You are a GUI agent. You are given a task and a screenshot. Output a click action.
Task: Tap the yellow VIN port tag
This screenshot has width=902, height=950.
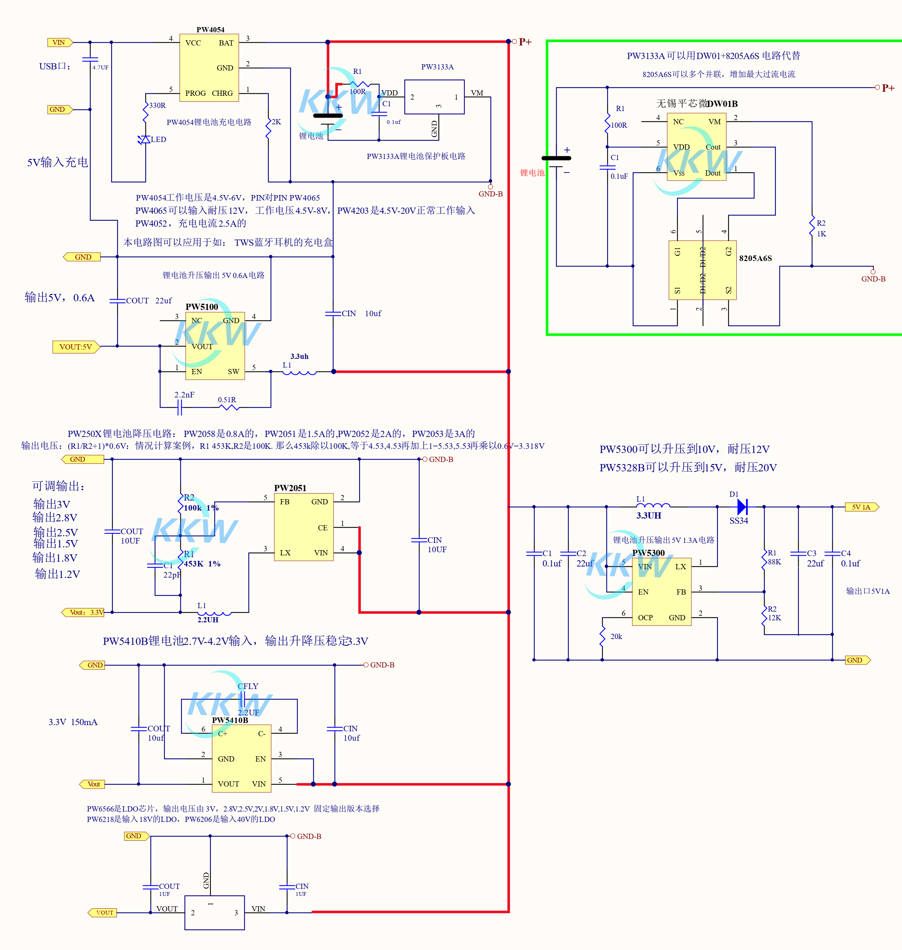click(x=59, y=42)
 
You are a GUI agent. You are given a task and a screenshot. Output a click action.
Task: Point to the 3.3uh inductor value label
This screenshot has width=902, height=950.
click(x=299, y=356)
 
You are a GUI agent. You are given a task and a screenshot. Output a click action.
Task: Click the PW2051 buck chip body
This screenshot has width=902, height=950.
click(x=304, y=527)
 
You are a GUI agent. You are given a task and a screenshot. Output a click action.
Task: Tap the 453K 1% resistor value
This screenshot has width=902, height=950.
click(x=202, y=564)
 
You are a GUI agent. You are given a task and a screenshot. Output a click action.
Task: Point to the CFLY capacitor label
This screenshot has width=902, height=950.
click(x=248, y=686)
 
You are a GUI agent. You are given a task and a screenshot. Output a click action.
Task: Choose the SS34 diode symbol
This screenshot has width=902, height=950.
click(x=742, y=506)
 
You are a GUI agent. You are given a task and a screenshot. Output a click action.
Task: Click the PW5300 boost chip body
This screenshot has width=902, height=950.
click(x=662, y=591)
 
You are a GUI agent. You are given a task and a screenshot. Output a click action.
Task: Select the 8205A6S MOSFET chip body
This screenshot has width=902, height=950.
click(x=703, y=270)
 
